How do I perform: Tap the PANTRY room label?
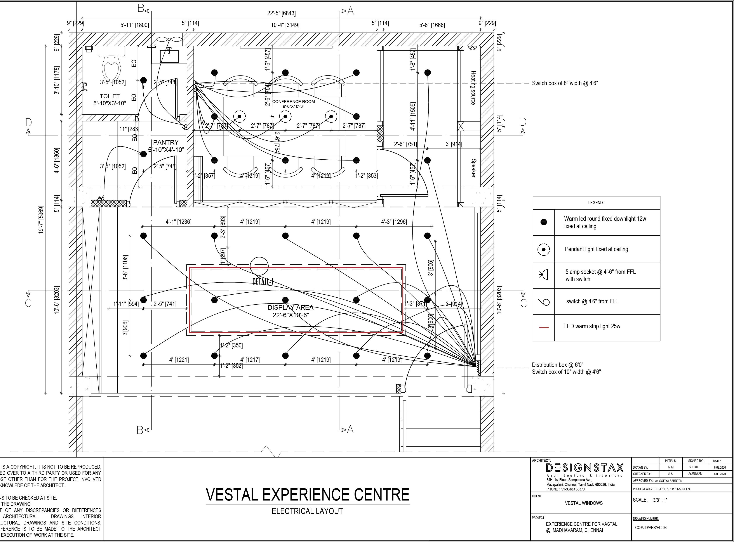tap(166, 142)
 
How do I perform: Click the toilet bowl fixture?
tap(111, 66)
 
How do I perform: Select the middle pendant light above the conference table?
tap(285, 116)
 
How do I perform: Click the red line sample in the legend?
tap(544, 327)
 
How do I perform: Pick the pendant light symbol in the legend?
tap(544, 250)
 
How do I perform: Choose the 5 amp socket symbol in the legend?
tap(544, 275)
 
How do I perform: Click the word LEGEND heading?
tap(596, 203)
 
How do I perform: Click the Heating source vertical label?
tap(473, 88)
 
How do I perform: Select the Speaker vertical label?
tap(473, 168)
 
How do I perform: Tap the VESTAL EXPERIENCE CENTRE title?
tap(308, 495)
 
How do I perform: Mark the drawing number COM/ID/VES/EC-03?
tap(651, 528)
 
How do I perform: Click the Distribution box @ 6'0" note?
tap(558, 365)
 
